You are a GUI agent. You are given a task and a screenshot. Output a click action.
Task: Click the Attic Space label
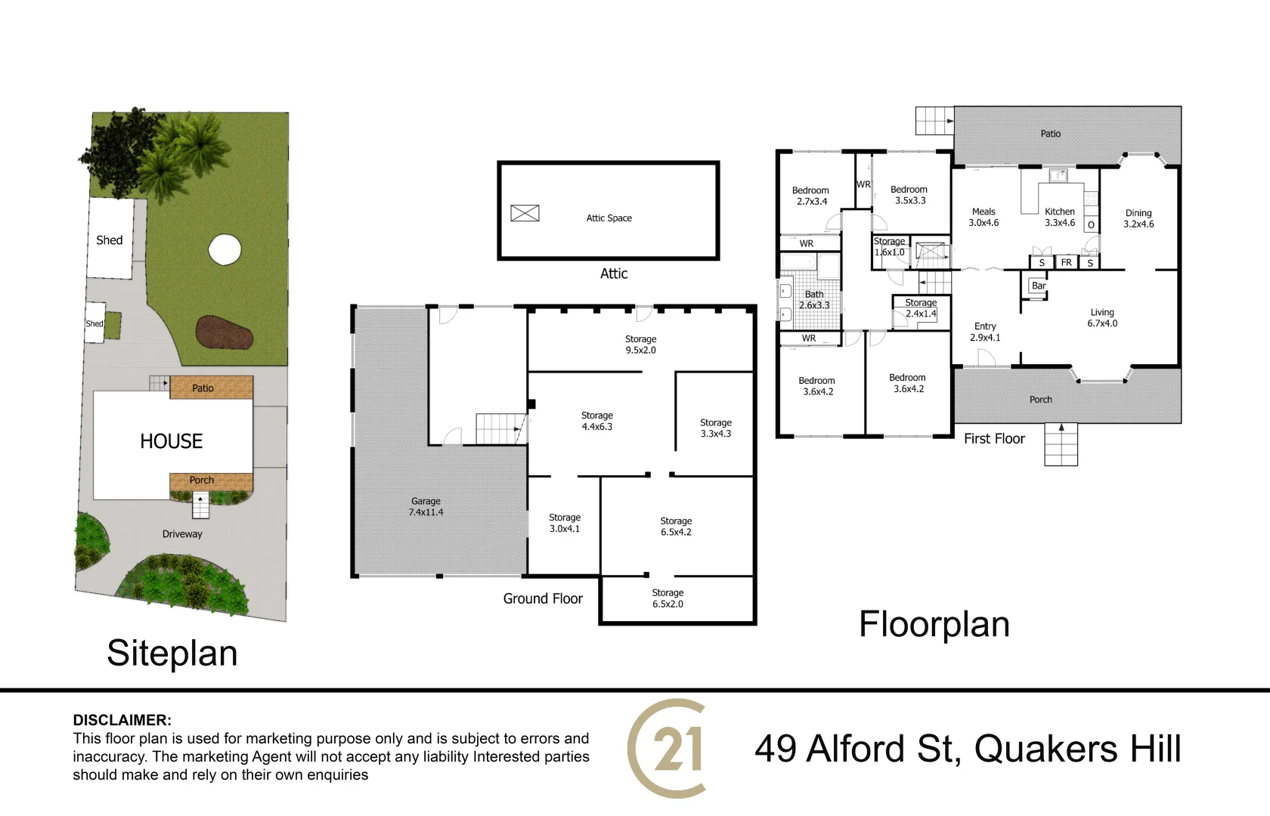point(609,218)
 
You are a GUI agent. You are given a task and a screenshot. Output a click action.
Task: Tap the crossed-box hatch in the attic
point(525,213)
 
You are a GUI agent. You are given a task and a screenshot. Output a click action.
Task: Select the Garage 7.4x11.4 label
point(426,506)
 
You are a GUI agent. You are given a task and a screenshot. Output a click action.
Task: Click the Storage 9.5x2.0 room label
point(641,345)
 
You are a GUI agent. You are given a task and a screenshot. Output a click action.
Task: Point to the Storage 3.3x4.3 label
point(715,428)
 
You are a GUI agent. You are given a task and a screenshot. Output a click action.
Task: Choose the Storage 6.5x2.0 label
point(668,598)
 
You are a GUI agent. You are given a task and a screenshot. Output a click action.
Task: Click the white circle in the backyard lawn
point(225,249)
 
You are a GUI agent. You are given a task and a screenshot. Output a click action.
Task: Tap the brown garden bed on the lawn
point(225,332)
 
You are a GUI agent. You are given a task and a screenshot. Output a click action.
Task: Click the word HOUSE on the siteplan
point(171,441)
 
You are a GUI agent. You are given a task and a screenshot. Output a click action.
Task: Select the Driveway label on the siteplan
point(182,533)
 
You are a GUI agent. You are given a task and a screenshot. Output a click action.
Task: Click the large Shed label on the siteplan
point(110,240)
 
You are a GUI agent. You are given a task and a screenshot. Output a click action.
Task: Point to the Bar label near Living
point(1039,286)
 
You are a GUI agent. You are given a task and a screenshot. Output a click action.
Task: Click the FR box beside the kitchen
point(1067,262)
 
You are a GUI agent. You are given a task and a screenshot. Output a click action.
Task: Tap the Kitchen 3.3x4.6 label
point(1060,217)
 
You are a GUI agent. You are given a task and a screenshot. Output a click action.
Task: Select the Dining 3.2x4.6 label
point(1138,218)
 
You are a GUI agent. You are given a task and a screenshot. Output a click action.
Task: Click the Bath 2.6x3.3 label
point(814,300)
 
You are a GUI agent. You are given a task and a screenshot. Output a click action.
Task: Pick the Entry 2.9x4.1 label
point(985,332)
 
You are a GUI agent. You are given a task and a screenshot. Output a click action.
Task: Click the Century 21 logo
point(667,749)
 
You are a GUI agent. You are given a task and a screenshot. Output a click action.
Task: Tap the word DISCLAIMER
point(122,720)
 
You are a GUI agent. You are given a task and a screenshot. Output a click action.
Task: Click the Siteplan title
point(172,654)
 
